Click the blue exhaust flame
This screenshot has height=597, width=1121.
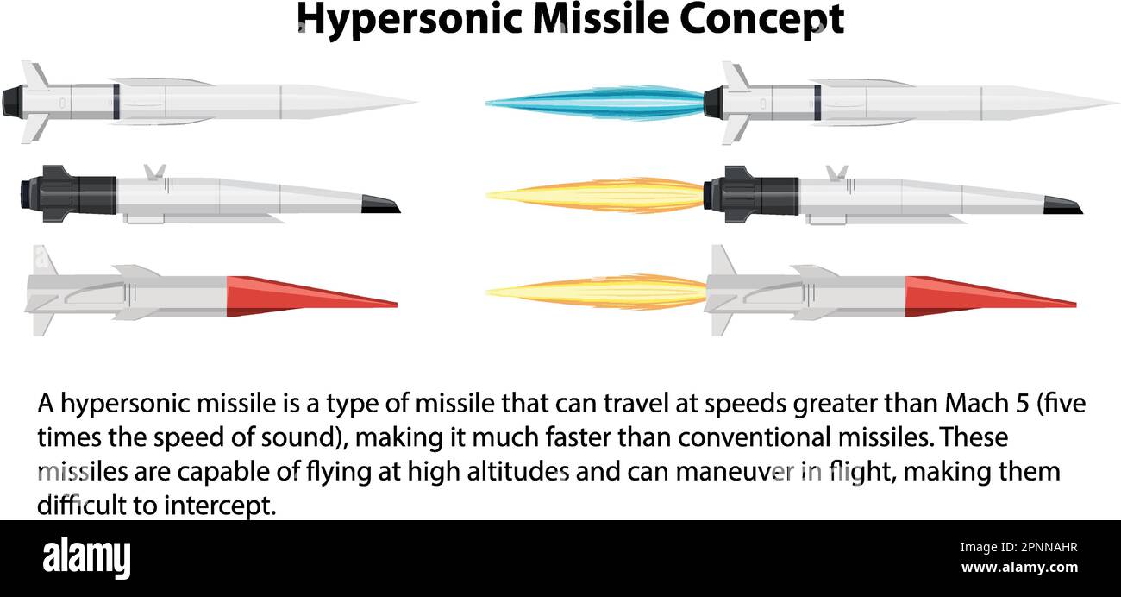[x=595, y=103]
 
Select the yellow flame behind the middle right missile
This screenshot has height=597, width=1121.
[x=595, y=195]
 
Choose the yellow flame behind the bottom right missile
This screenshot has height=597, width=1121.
[x=595, y=292]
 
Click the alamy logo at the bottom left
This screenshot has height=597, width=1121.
[x=86, y=557]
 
